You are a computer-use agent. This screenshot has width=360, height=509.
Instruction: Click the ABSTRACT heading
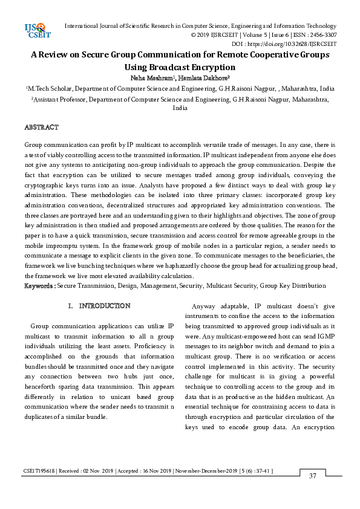pos(41,128)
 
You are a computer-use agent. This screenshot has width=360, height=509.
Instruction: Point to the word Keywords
pos(39,285)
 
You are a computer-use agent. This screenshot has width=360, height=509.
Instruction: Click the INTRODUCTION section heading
pos(105,306)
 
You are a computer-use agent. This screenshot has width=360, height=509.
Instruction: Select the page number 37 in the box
pos(313,476)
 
